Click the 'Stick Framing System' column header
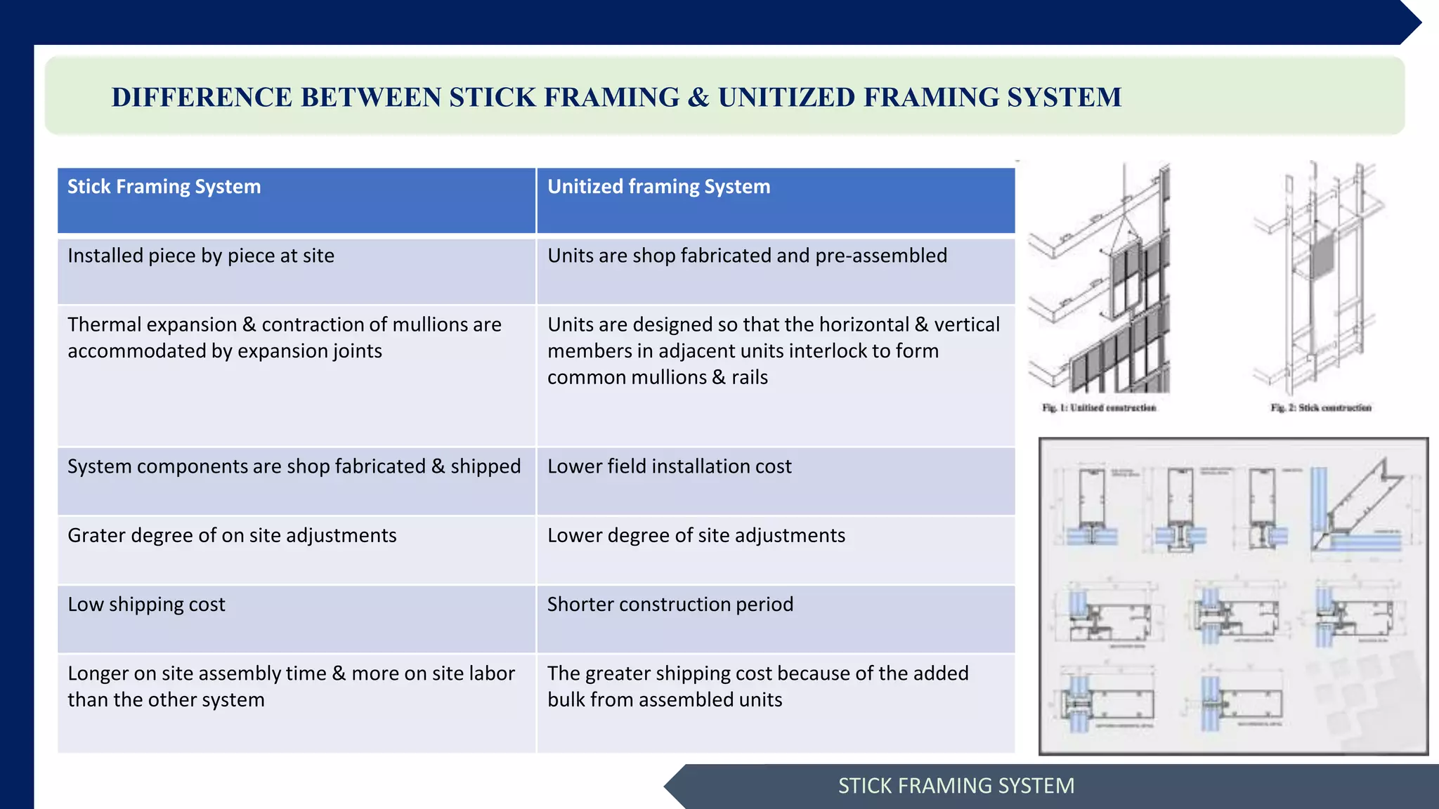point(164,187)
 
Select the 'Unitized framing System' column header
point(658,187)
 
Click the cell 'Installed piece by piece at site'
point(201,256)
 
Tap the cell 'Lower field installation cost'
point(669,466)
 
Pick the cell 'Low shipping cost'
point(146,605)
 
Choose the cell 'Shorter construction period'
point(670,605)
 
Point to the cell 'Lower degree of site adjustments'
point(696,536)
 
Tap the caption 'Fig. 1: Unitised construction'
point(1099,408)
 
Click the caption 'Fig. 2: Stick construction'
point(1321,408)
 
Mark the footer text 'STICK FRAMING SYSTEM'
point(956,786)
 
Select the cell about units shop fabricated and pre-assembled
point(746,256)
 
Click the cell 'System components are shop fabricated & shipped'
point(294,466)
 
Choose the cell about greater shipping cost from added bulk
point(757,687)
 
